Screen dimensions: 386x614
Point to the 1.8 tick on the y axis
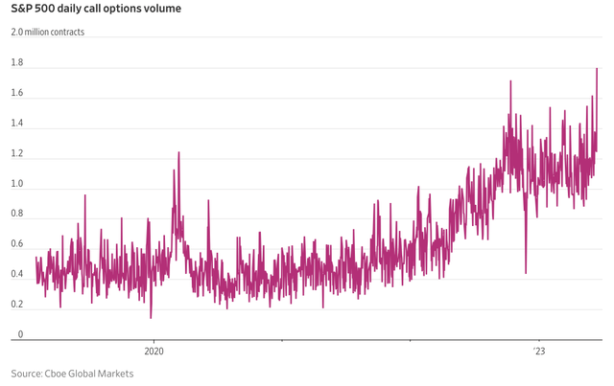coord(17,64)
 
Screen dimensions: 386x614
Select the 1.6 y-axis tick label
coord(17,95)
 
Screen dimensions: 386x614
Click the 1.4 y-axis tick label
coord(17,125)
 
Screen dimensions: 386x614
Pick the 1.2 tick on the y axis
coord(17,154)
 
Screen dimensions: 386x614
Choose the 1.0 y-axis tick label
coord(17,185)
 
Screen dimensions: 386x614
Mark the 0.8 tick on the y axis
coord(17,215)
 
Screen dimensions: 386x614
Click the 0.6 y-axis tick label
coord(17,245)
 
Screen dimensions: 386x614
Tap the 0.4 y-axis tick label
coord(17,275)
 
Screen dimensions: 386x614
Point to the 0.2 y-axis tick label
coord(17,305)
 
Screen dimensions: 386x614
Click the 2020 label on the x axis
coord(153,351)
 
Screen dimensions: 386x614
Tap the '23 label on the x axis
coord(538,351)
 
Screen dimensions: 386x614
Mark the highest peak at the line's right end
coord(597,69)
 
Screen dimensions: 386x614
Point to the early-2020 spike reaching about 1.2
coord(177,153)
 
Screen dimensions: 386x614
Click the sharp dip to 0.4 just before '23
coord(526,272)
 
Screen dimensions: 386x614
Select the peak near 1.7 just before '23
coord(510,81)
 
